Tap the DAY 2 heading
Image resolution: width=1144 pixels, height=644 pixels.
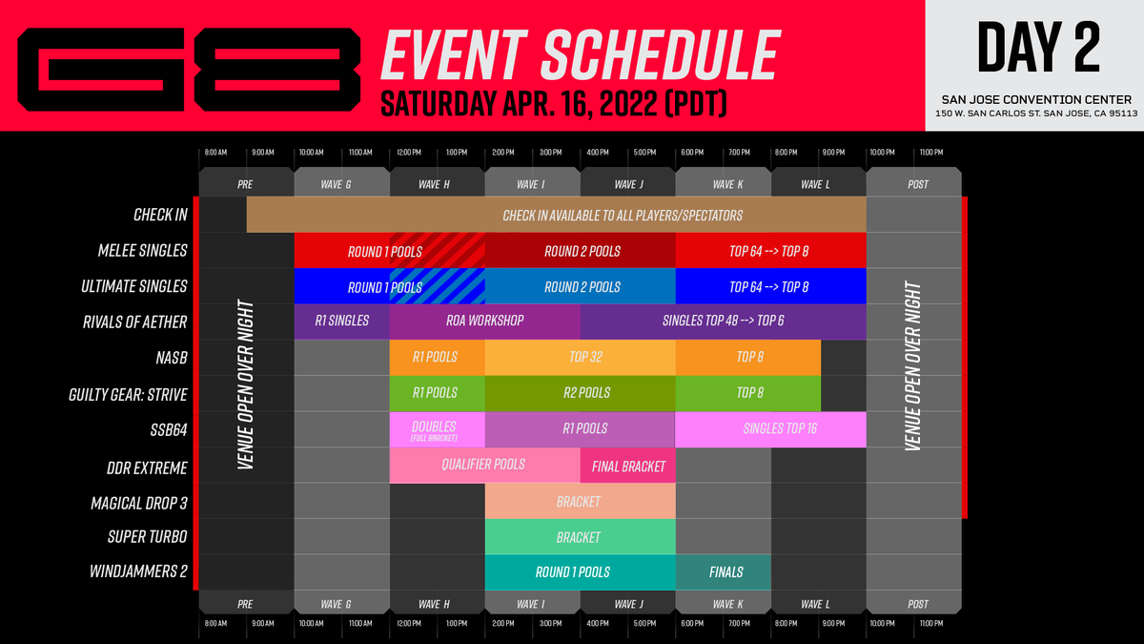click(x=1034, y=48)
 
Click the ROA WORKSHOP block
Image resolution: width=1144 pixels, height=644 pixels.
click(x=484, y=322)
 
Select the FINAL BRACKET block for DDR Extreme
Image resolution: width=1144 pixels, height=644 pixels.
click(x=627, y=467)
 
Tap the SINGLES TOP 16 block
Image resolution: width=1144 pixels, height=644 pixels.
click(x=770, y=429)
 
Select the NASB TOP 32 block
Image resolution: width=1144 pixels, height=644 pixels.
click(x=580, y=358)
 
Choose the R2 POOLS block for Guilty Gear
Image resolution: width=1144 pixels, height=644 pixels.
click(x=580, y=393)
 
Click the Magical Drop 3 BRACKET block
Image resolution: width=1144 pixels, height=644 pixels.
click(x=580, y=502)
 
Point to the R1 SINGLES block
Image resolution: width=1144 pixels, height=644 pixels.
click(x=341, y=322)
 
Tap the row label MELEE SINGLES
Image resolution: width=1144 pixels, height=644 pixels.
click(x=142, y=251)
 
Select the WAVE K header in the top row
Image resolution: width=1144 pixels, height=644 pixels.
click(x=723, y=184)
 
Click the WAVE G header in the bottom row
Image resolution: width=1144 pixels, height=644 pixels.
click(x=341, y=604)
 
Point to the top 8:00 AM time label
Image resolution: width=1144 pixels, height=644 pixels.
click(x=216, y=153)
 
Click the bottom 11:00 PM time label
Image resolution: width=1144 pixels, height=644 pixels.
click(x=931, y=623)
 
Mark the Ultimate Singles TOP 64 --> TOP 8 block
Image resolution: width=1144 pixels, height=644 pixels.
click(x=770, y=286)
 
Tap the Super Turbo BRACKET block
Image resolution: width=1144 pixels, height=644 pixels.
click(x=580, y=537)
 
